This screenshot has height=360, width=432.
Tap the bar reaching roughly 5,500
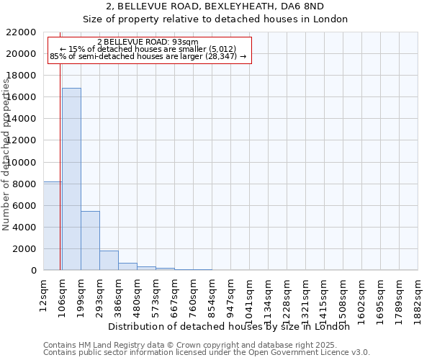90,240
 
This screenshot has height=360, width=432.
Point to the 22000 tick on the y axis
25,32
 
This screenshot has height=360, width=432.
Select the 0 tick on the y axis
34,271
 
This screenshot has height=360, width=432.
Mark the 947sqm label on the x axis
231,294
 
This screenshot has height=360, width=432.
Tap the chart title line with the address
215,6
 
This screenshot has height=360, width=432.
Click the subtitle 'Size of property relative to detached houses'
215,19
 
